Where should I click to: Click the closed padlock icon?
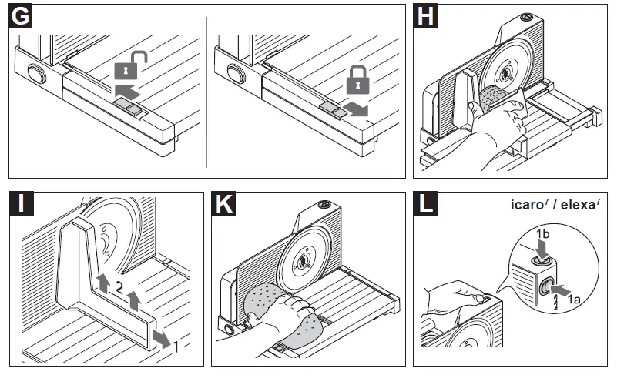point(356,78)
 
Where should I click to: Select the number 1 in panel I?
point(176,347)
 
